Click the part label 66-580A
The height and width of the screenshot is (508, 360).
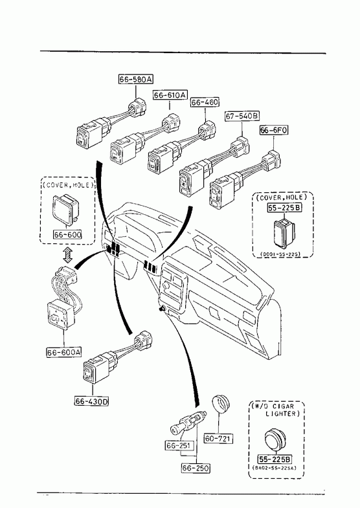click(136, 79)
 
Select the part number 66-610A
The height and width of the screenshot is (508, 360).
click(170, 95)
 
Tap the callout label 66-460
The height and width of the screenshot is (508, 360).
click(205, 102)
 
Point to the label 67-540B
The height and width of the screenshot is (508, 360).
click(242, 116)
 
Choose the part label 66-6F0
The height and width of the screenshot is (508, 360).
click(274, 130)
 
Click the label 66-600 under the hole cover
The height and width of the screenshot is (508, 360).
click(67, 234)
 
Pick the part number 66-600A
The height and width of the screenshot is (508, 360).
click(64, 352)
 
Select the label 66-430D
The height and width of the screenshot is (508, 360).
click(92, 401)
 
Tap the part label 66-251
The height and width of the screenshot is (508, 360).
click(178, 446)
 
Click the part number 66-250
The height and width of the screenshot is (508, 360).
click(196, 468)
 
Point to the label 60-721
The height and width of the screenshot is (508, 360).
click(218, 439)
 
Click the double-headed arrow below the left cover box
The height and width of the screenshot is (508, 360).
click(67, 255)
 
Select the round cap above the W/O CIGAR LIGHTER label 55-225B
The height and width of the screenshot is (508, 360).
click(275, 439)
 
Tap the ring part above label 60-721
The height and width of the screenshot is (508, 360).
click(221, 404)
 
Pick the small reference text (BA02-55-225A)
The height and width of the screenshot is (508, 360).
click(274, 467)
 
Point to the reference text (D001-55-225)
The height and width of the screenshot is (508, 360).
click(280, 254)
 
